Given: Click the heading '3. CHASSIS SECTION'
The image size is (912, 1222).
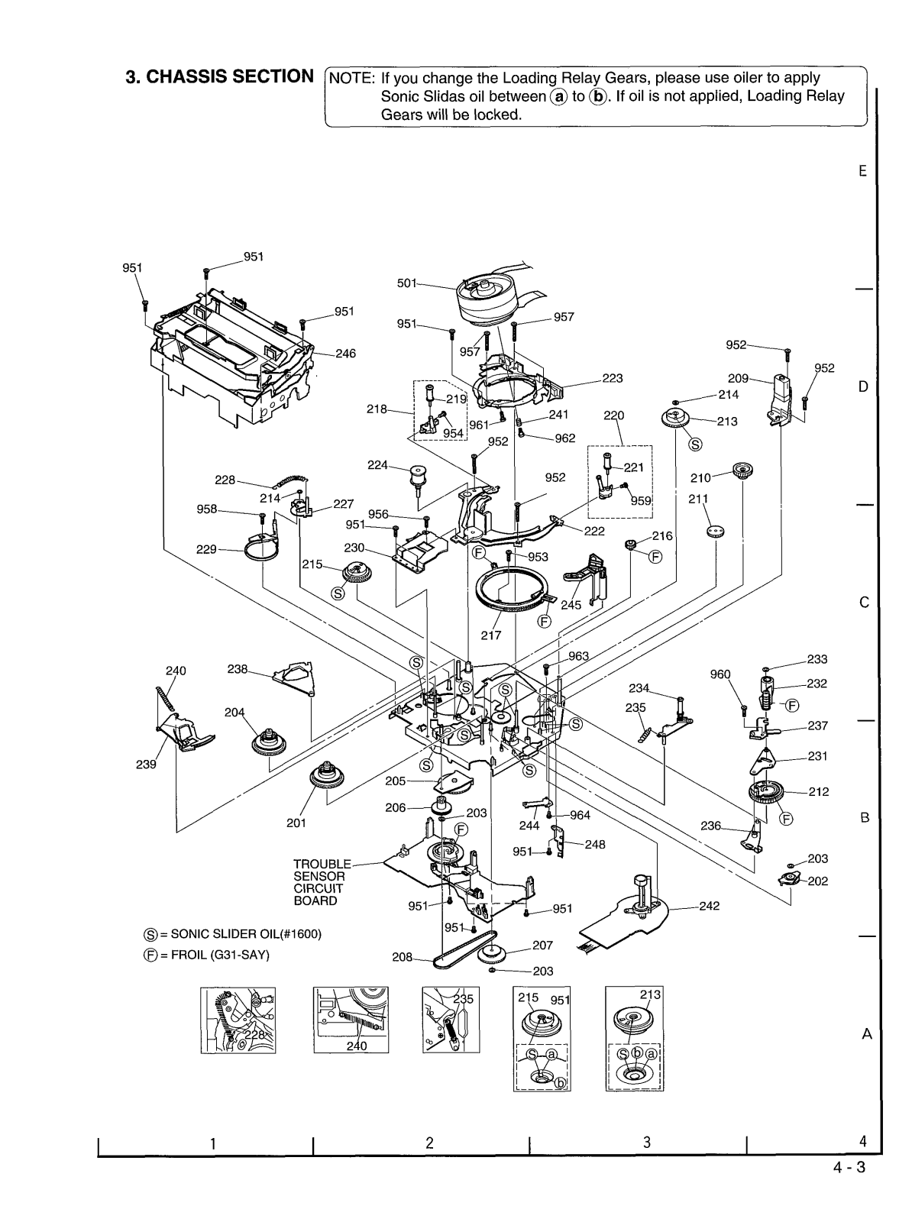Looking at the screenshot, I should pos(219,77).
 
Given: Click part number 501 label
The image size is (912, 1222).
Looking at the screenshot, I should pos(407,283).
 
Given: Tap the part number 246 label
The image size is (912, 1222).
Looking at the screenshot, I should pos(346,354).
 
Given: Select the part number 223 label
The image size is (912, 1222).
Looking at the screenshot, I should pos(612,378).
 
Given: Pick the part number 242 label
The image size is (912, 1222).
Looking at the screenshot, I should pos(709,907).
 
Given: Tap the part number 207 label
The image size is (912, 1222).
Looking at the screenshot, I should pos(542,946).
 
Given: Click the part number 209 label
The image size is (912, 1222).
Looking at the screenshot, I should pos(738,377).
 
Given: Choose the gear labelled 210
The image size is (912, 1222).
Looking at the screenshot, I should pos(739,470).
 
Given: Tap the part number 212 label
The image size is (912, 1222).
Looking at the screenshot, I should pos(818,791).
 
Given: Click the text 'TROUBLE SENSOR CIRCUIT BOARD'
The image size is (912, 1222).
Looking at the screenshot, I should pos(322,882).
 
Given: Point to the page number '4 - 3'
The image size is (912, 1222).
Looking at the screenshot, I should pos(849,1167).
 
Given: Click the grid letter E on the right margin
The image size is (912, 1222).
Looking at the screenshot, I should pos(862,171).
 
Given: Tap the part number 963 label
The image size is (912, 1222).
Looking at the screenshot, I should pos(578,656).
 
